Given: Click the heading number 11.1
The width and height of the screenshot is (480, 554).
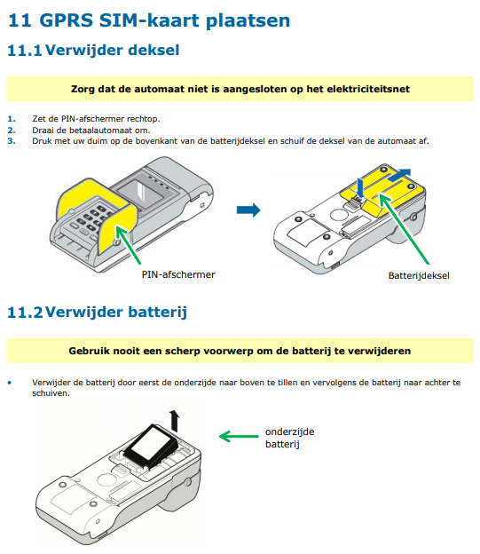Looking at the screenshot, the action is pyautogui.click(x=25, y=51).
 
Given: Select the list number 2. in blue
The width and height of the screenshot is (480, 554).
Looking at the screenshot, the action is pyautogui.click(x=12, y=130).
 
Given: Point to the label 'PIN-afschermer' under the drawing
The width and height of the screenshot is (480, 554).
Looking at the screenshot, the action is pyautogui.click(x=178, y=274).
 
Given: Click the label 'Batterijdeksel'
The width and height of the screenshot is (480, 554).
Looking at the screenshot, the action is pyautogui.click(x=419, y=275).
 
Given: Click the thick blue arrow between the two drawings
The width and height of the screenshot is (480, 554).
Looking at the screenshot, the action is pyautogui.click(x=248, y=210).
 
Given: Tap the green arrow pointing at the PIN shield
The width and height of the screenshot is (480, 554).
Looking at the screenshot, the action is pyautogui.click(x=129, y=245).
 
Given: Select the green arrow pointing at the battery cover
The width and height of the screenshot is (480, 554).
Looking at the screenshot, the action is pyautogui.click(x=404, y=228).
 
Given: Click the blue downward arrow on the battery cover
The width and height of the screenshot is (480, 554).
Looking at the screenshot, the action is pyautogui.click(x=360, y=187).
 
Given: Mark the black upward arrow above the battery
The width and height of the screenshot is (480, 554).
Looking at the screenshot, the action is pyautogui.click(x=174, y=421).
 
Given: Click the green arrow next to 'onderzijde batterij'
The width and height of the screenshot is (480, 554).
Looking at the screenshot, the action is pyautogui.click(x=239, y=436).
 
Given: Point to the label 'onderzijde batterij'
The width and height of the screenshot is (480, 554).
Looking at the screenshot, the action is pyautogui.click(x=289, y=438).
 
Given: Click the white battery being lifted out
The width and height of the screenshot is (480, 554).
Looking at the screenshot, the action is pyautogui.click(x=153, y=446).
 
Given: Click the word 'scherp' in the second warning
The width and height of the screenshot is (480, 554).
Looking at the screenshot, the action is pyautogui.click(x=183, y=352).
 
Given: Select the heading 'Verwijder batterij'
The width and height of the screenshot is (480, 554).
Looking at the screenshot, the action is pyautogui.click(x=116, y=312).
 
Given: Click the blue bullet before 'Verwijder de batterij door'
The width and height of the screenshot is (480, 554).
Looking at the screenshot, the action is pyautogui.click(x=10, y=383).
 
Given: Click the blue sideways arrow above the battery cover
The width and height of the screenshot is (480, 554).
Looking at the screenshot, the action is pyautogui.click(x=399, y=175).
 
